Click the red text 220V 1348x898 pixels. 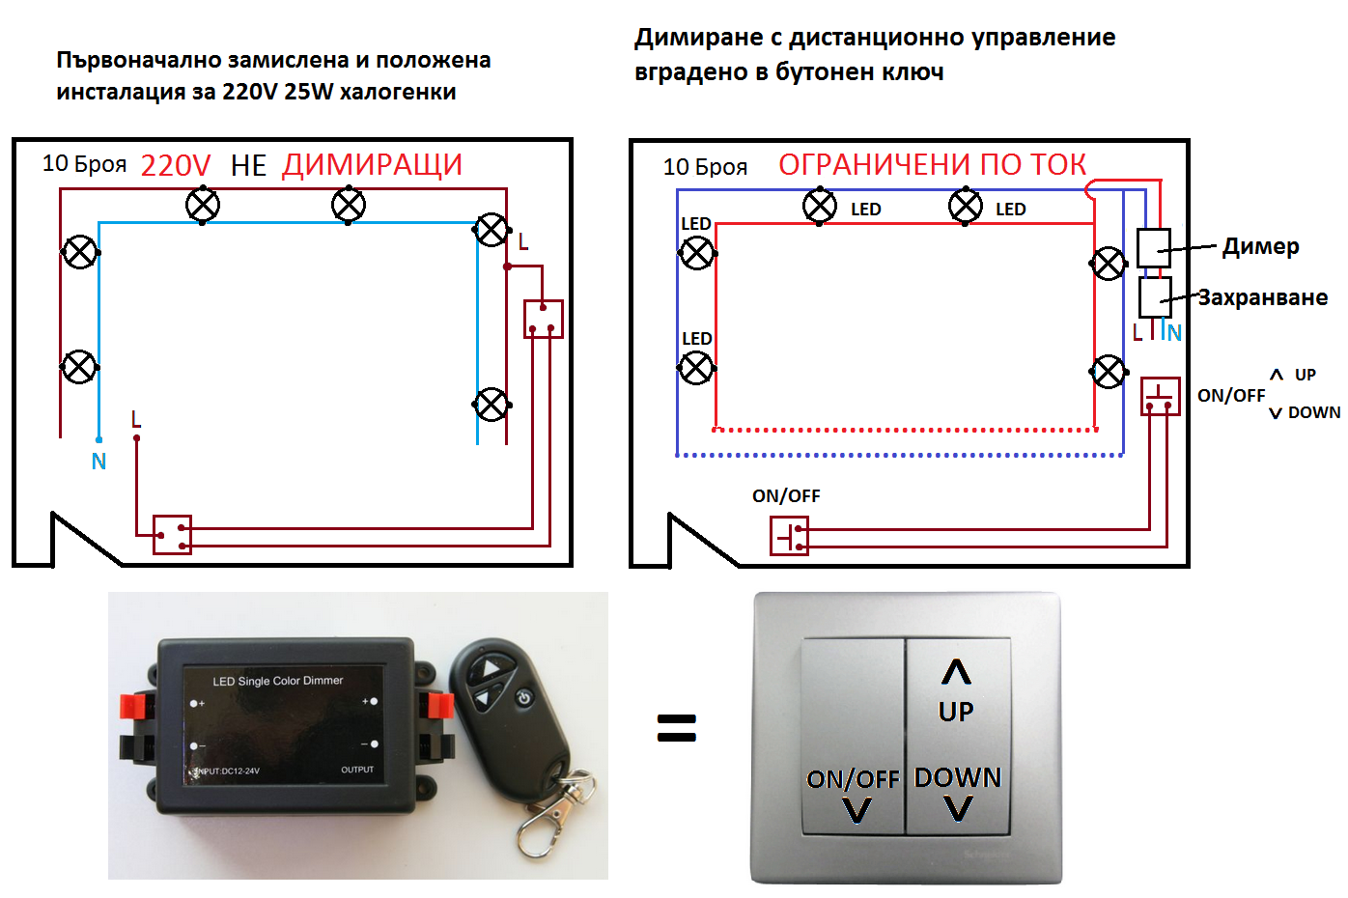pyautogui.click(x=175, y=165)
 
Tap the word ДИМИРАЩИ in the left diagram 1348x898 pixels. pyautogui.click(x=372, y=165)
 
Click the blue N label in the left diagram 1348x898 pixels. pyautogui.click(x=98, y=462)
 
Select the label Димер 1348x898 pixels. pyautogui.click(x=1260, y=246)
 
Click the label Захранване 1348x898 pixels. pyautogui.click(x=1262, y=297)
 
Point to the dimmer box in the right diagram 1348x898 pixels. pyautogui.click(x=1153, y=247)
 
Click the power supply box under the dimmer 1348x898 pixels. pyautogui.click(x=1154, y=296)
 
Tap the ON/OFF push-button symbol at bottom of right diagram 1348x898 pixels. pyautogui.click(x=789, y=535)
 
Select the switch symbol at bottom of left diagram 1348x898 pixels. pyautogui.click(x=173, y=534)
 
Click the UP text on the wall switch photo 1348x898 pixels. pyautogui.click(x=956, y=712)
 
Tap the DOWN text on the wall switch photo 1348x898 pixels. pyautogui.click(x=958, y=777)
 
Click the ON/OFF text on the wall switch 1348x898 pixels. pyautogui.click(x=853, y=779)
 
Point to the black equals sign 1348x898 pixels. pyautogui.click(x=676, y=727)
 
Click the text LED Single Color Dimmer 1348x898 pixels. pyautogui.click(x=277, y=681)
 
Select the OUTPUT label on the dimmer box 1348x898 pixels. pyautogui.click(x=356, y=770)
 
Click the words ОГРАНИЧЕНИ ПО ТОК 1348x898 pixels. pyautogui.click(x=932, y=165)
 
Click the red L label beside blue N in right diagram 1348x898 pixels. pyautogui.click(x=1137, y=333)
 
